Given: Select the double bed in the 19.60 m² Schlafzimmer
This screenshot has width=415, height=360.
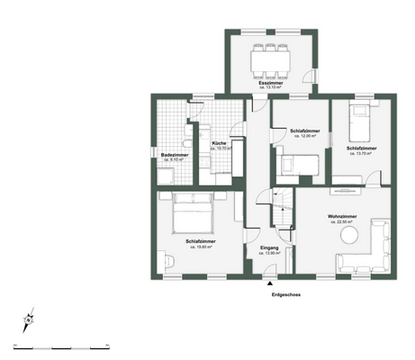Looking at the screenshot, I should pos(191,211).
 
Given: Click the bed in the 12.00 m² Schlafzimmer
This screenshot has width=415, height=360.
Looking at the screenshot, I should pos(299,164).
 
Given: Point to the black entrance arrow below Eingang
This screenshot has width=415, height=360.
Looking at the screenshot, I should pos(269,283).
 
